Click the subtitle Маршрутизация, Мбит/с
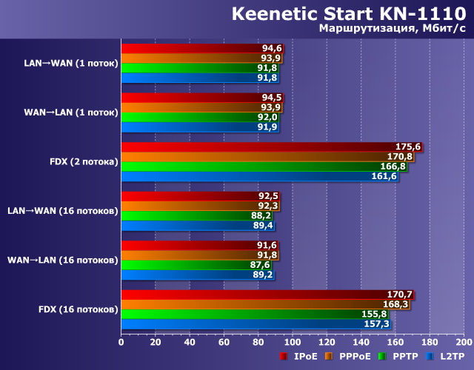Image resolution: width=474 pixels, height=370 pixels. click(x=392, y=29)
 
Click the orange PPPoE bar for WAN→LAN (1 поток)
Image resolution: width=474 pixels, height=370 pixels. click(x=201, y=107)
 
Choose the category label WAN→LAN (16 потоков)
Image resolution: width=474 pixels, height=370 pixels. click(x=62, y=260)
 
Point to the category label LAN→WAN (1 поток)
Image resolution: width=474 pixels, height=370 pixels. click(x=70, y=63)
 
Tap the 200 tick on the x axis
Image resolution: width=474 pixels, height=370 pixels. click(x=463, y=343)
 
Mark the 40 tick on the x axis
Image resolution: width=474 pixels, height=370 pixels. click(x=190, y=343)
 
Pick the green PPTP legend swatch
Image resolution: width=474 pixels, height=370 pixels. click(x=382, y=357)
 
